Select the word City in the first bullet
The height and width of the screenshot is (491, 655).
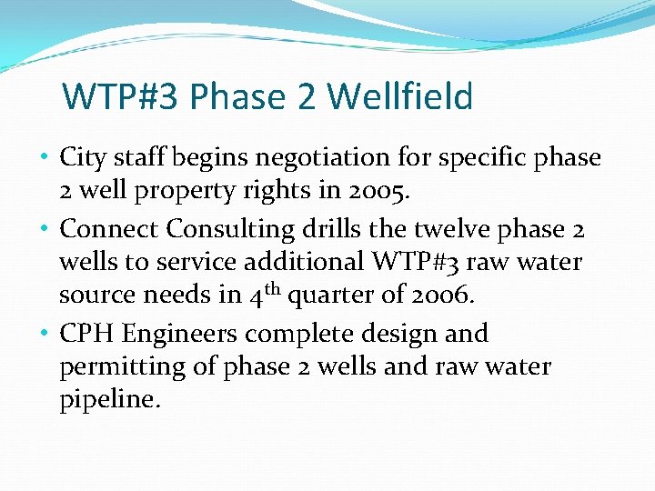(80, 158)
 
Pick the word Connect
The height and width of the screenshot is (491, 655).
(102, 228)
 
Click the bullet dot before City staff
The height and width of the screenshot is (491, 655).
(45, 156)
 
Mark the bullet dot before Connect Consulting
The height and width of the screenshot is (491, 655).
(45, 227)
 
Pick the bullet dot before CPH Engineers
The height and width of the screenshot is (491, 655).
(45, 333)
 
